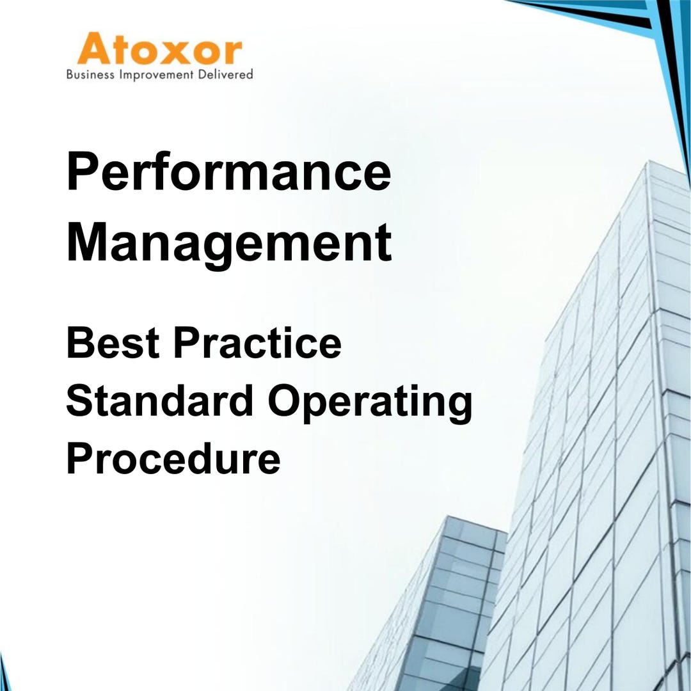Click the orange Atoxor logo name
(x=159, y=49)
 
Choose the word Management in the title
(x=228, y=242)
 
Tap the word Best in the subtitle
(x=112, y=342)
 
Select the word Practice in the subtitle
(x=257, y=342)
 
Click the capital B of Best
(x=79, y=342)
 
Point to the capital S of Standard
(x=79, y=401)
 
